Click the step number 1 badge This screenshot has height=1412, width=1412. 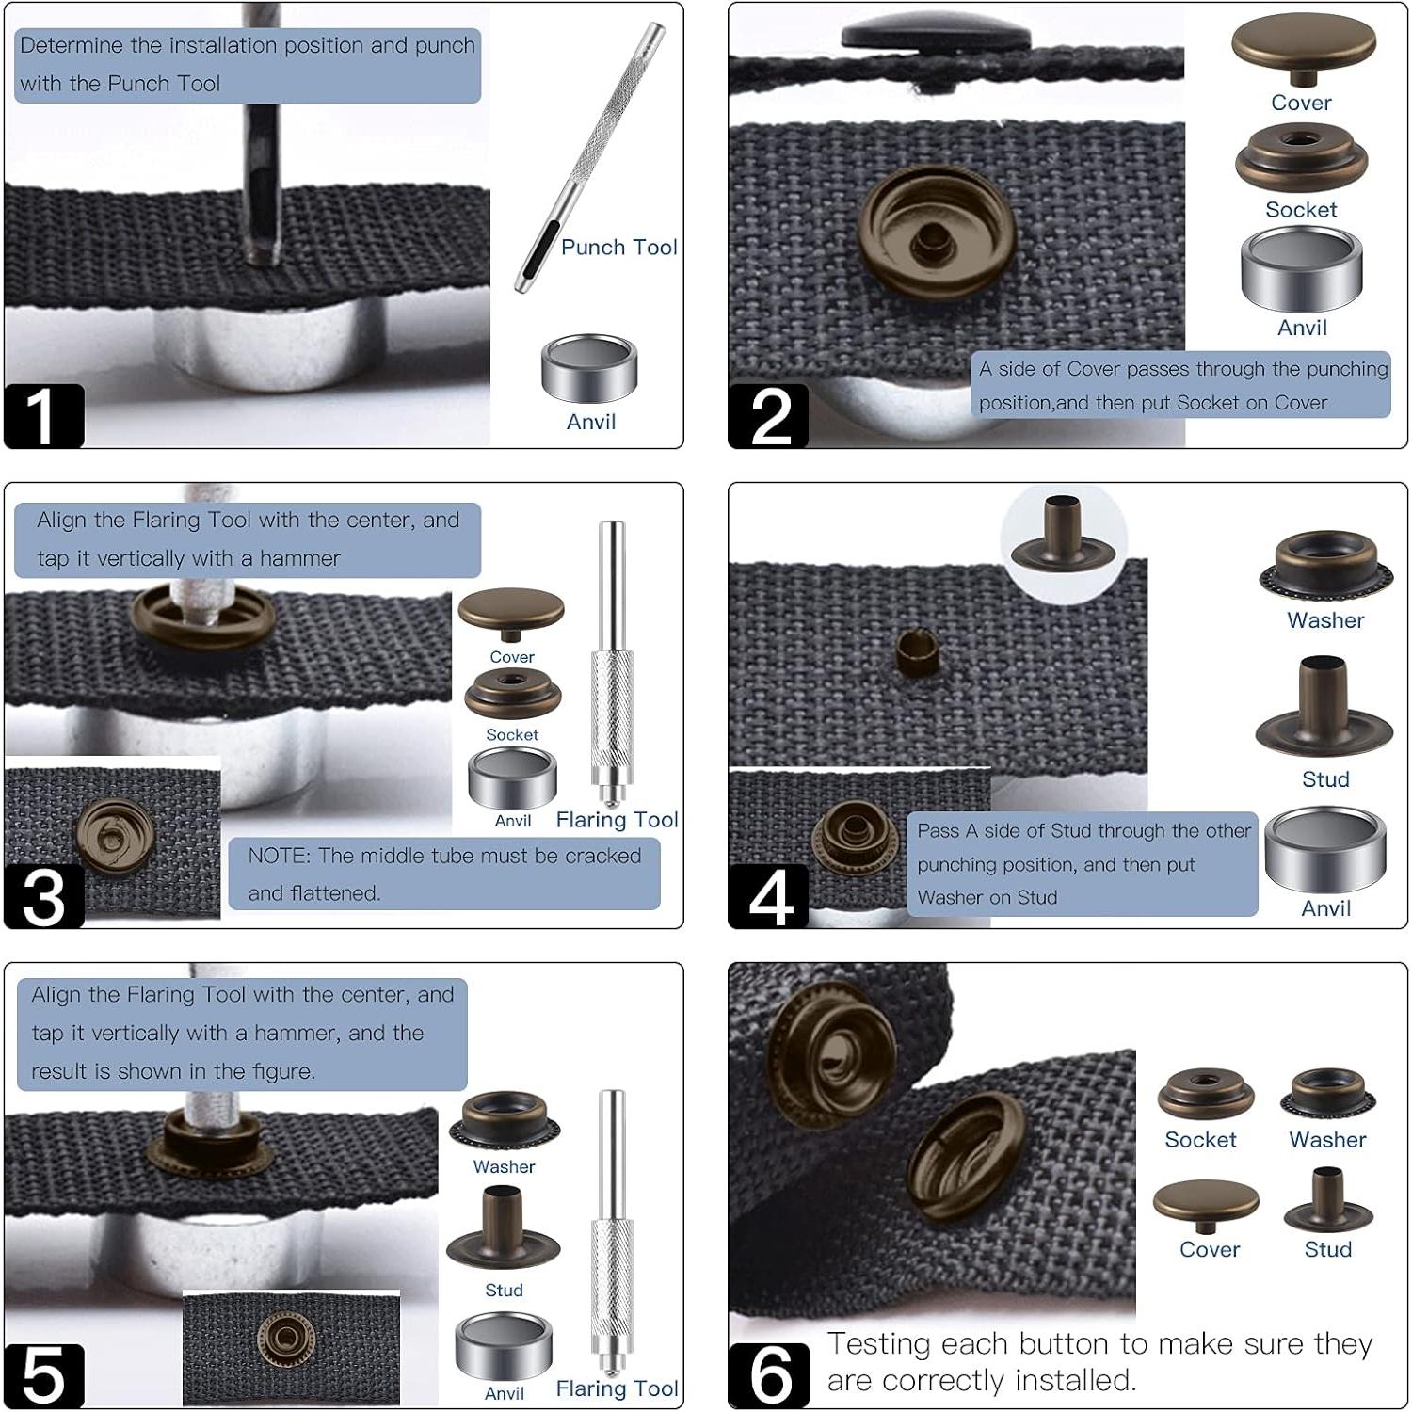point(43,415)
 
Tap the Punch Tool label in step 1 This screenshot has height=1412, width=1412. point(618,248)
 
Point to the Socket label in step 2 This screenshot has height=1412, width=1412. point(1300,209)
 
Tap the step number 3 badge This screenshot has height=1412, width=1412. point(43,896)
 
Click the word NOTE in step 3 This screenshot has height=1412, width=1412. point(278,856)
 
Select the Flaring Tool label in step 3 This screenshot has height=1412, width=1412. point(617,820)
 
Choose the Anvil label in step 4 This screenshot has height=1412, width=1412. point(1325,908)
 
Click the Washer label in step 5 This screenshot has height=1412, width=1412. point(504,1166)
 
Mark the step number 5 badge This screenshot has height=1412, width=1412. point(43,1375)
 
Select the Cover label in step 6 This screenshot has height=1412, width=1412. point(1210,1249)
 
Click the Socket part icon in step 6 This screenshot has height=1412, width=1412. point(1206,1094)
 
